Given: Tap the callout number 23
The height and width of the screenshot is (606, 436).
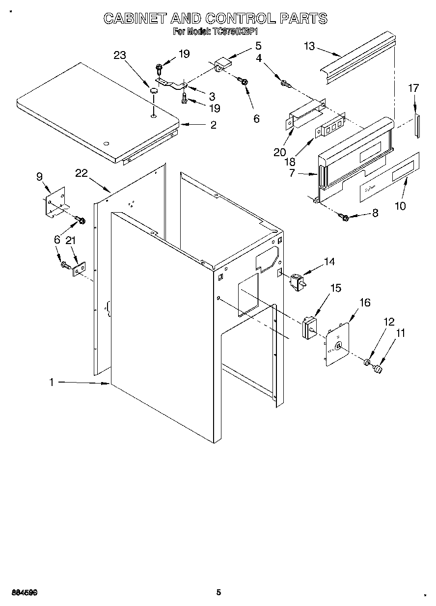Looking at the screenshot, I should [x=120, y=55].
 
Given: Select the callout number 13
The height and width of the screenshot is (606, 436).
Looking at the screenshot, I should [x=309, y=46].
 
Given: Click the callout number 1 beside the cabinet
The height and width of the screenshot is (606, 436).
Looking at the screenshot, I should [x=52, y=382].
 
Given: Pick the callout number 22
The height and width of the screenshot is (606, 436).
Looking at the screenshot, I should [x=82, y=173].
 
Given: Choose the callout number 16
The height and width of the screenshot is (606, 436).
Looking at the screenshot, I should [x=365, y=303].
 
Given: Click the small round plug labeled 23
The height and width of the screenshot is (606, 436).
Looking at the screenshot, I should [x=154, y=90].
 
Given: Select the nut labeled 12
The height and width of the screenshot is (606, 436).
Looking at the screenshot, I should [x=367, y=363].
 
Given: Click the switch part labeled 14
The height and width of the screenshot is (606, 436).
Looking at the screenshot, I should [x=297, y=282].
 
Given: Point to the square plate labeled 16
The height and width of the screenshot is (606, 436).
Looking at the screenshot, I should [x=338, y=345].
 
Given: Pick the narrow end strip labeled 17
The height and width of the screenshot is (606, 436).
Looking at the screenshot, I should [x=417, y=126].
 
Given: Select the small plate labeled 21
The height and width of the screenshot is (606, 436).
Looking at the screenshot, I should [x=79, y=269].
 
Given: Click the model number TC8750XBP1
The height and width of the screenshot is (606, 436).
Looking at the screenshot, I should [x=235, y=31].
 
